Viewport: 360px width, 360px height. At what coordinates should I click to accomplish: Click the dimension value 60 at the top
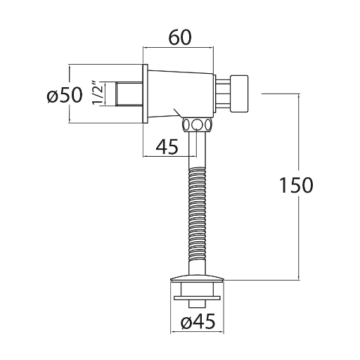point(180,38)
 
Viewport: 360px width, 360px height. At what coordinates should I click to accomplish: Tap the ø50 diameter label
point(65,95)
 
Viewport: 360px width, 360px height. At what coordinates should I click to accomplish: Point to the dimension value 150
point(297,185)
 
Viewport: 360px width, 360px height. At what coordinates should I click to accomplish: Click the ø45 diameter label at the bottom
point(198,321)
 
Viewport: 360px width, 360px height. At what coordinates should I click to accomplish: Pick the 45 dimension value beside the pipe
point(167,147)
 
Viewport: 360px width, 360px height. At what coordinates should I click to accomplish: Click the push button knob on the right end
point(239,94)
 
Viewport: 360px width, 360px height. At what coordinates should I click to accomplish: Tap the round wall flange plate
point(146,94)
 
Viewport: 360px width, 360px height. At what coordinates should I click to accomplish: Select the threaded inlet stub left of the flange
point(129,94)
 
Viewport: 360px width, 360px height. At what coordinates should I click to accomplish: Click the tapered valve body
point(181,94)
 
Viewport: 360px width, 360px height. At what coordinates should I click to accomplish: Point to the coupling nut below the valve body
point(198,124)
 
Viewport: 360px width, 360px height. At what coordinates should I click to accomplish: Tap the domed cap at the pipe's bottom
point(198,277)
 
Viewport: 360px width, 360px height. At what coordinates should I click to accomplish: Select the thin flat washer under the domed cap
point(198,297)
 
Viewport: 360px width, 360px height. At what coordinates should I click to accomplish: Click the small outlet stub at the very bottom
point(198,303)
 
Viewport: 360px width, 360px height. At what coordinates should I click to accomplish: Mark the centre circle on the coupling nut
point(198,124)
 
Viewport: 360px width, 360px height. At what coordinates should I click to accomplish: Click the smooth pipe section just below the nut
point(198,150)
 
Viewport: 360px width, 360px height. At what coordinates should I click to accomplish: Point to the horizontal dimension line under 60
point(179,48)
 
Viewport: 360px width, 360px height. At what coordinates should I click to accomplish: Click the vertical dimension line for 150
point(299,186)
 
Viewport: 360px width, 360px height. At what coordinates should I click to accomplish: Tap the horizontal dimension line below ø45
point(198,332)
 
